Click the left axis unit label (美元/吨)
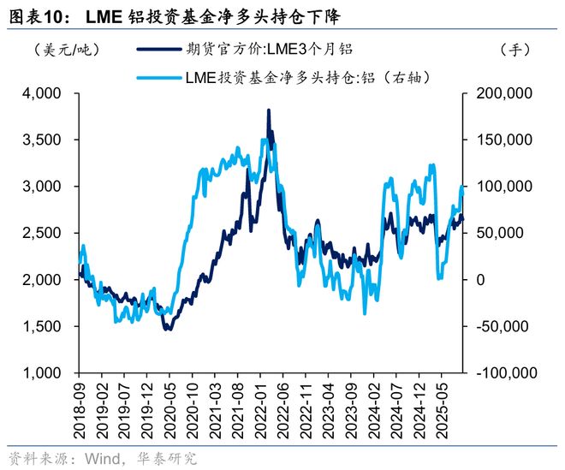[54, 51]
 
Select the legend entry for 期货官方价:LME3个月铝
[257, 51]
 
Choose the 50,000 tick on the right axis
[495, 233]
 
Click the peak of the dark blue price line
[269, 110]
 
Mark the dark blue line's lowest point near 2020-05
[168, 329]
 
